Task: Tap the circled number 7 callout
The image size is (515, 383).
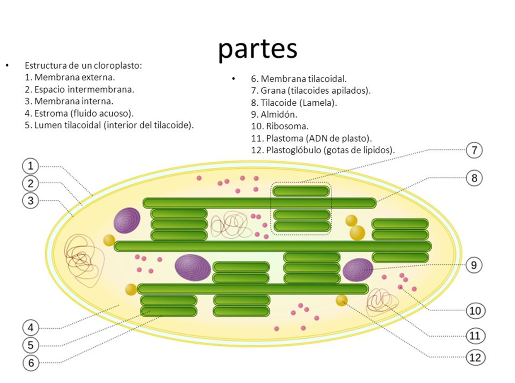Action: (474, 150)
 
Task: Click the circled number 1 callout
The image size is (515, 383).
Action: (30, 166)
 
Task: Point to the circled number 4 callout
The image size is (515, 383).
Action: (30, 328)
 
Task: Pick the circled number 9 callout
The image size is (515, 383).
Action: (474, 264)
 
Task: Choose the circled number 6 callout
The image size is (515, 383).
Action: (31, 363)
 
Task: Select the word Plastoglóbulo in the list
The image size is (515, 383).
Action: (293, 150)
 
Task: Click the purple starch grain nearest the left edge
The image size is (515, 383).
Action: (127, 219)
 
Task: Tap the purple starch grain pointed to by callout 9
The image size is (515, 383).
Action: (358, 269)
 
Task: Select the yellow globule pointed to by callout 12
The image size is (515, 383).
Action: (342, 300)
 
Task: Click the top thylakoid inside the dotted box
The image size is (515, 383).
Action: (301, 191)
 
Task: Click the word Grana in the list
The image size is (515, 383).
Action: (272, 90)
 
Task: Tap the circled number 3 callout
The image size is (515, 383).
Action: (30, 201)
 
